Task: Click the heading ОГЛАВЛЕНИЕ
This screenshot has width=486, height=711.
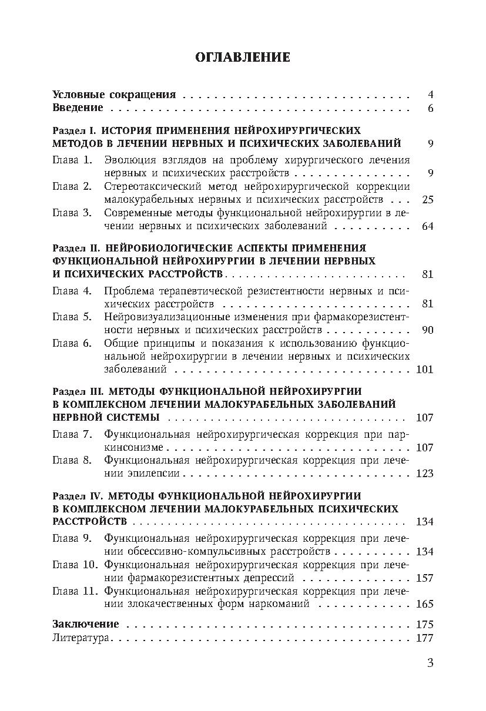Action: tap(242, 57)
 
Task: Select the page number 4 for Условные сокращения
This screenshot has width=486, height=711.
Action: tap(430, 95)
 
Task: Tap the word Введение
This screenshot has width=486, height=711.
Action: tap(78, 108)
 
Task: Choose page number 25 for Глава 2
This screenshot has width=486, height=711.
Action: tap(427, 200)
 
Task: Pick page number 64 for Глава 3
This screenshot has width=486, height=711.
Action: tap(427, 226)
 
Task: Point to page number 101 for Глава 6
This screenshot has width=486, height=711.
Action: tap(424, 370)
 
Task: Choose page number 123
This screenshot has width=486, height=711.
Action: tap(424, 474)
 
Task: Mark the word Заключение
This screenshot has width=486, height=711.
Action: tap(85, 624)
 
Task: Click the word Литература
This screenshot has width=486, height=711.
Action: tap(81, 638)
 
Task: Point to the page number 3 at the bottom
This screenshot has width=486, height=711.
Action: tap(430, 663)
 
